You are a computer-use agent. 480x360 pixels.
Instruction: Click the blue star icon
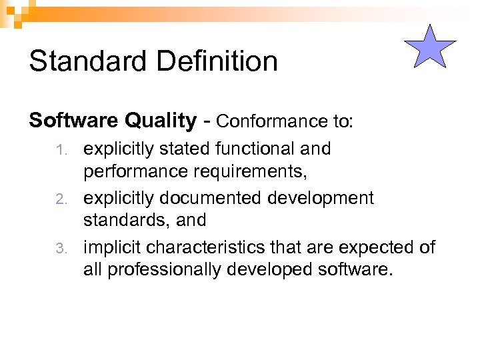pyautogui.click(x=430, y=47)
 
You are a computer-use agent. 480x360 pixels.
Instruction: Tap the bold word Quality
pyautogui.click(x=164, y=121)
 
